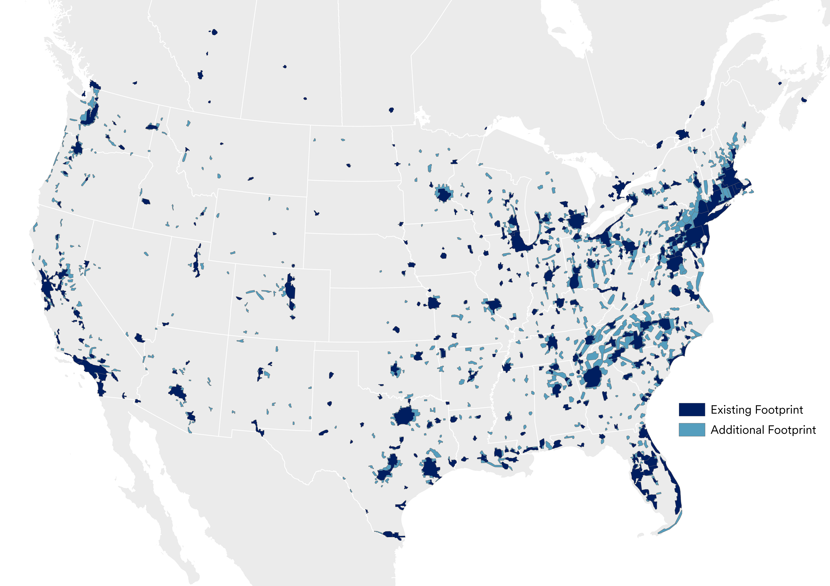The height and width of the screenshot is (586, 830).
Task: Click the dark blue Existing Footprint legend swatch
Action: [x=691, y=409]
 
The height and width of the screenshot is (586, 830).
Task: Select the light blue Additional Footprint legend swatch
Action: [x=691, y=430]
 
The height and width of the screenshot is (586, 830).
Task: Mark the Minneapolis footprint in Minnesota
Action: [x=444, y=195]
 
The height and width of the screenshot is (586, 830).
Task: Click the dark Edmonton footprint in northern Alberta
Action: [x=214, y=32]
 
